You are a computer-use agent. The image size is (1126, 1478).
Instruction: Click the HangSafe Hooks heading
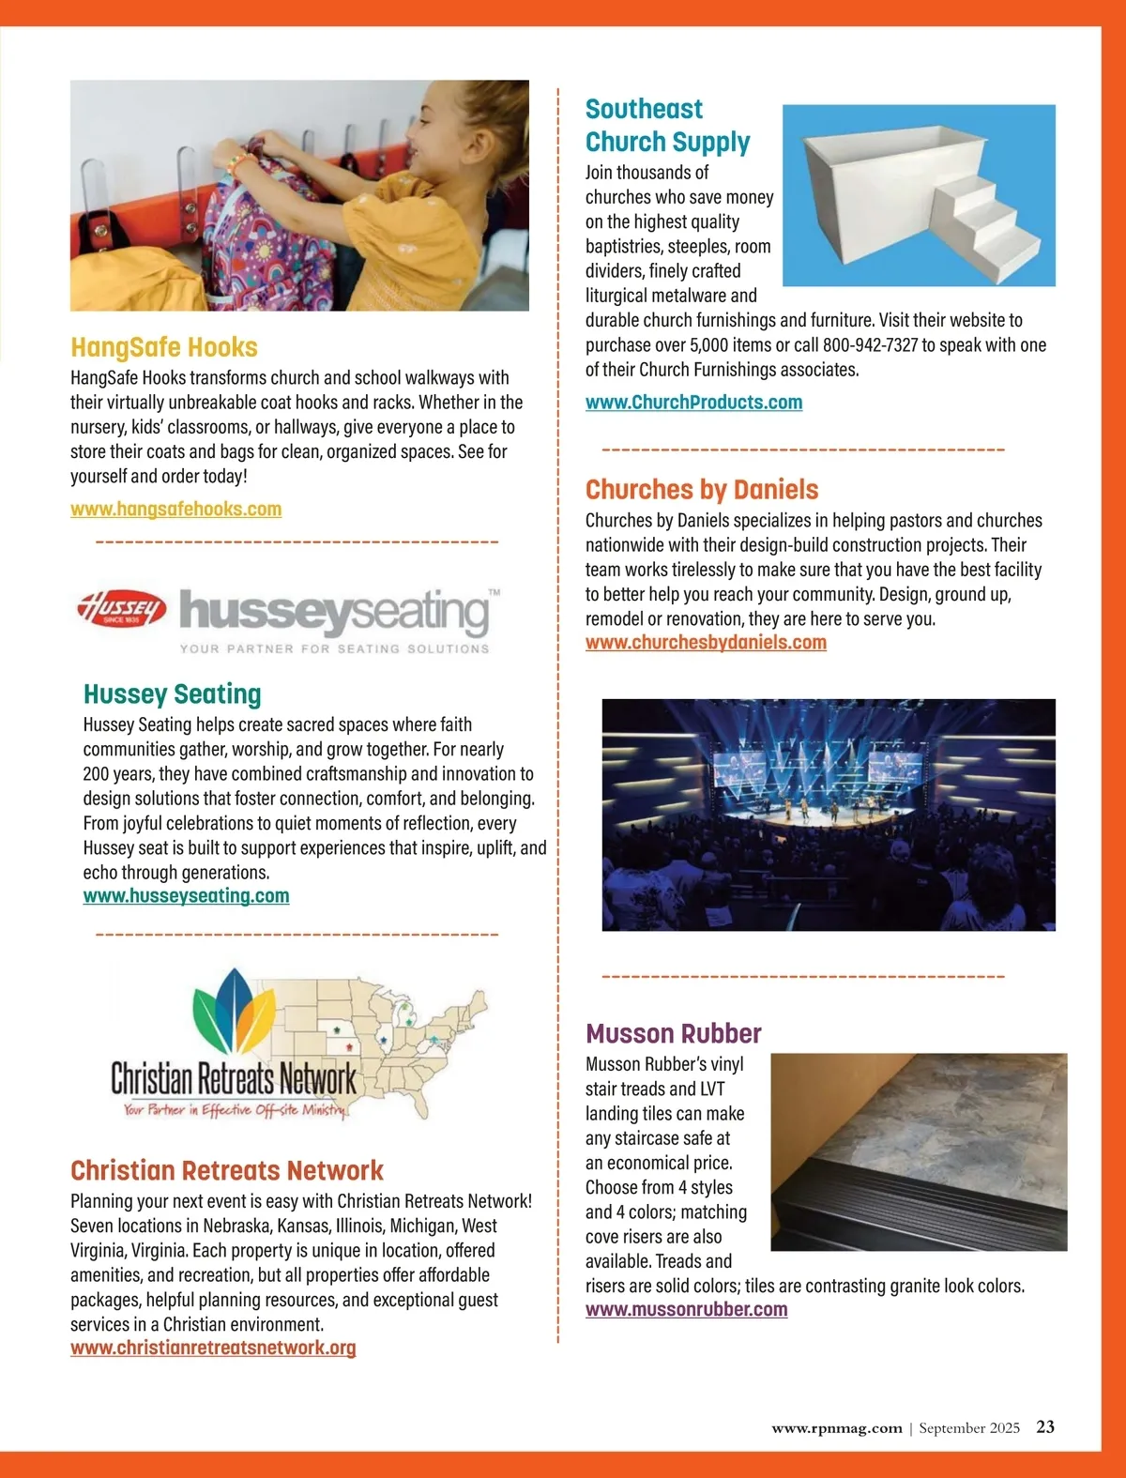click(x=164, y=347)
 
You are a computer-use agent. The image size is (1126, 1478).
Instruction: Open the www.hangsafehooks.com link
click(x=175, y=509)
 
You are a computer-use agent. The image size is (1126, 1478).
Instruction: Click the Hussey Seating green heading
click(x=172, y=694)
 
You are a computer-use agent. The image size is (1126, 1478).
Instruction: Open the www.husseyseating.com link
click(x=186, y=895)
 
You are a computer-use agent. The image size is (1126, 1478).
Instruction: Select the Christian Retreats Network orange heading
click(x=227, y=1170)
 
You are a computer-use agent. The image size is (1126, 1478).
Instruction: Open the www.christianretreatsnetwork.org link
click(x=213, y=1348)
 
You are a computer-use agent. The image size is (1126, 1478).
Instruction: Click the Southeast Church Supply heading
click(x=666, y=126)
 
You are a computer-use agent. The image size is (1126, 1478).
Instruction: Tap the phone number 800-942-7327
click(x=870, y=345)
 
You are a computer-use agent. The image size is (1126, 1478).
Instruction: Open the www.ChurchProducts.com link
click(x=693, y=402)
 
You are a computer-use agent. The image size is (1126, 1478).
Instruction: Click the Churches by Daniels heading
click(x=702, y=489)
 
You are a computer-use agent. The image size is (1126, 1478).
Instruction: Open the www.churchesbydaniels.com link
click(x=706, y=642)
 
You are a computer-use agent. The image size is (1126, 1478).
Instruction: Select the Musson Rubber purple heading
click(x=674, y=1033)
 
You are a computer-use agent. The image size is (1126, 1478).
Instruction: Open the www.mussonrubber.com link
click(x=686, y=1309)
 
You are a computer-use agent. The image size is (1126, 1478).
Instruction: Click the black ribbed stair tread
click(x=901, y=1215)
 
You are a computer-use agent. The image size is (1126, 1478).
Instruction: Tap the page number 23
click(x=1045, y=1427)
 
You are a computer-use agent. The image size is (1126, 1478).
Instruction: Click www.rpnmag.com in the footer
click(x=836, y=1428)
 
